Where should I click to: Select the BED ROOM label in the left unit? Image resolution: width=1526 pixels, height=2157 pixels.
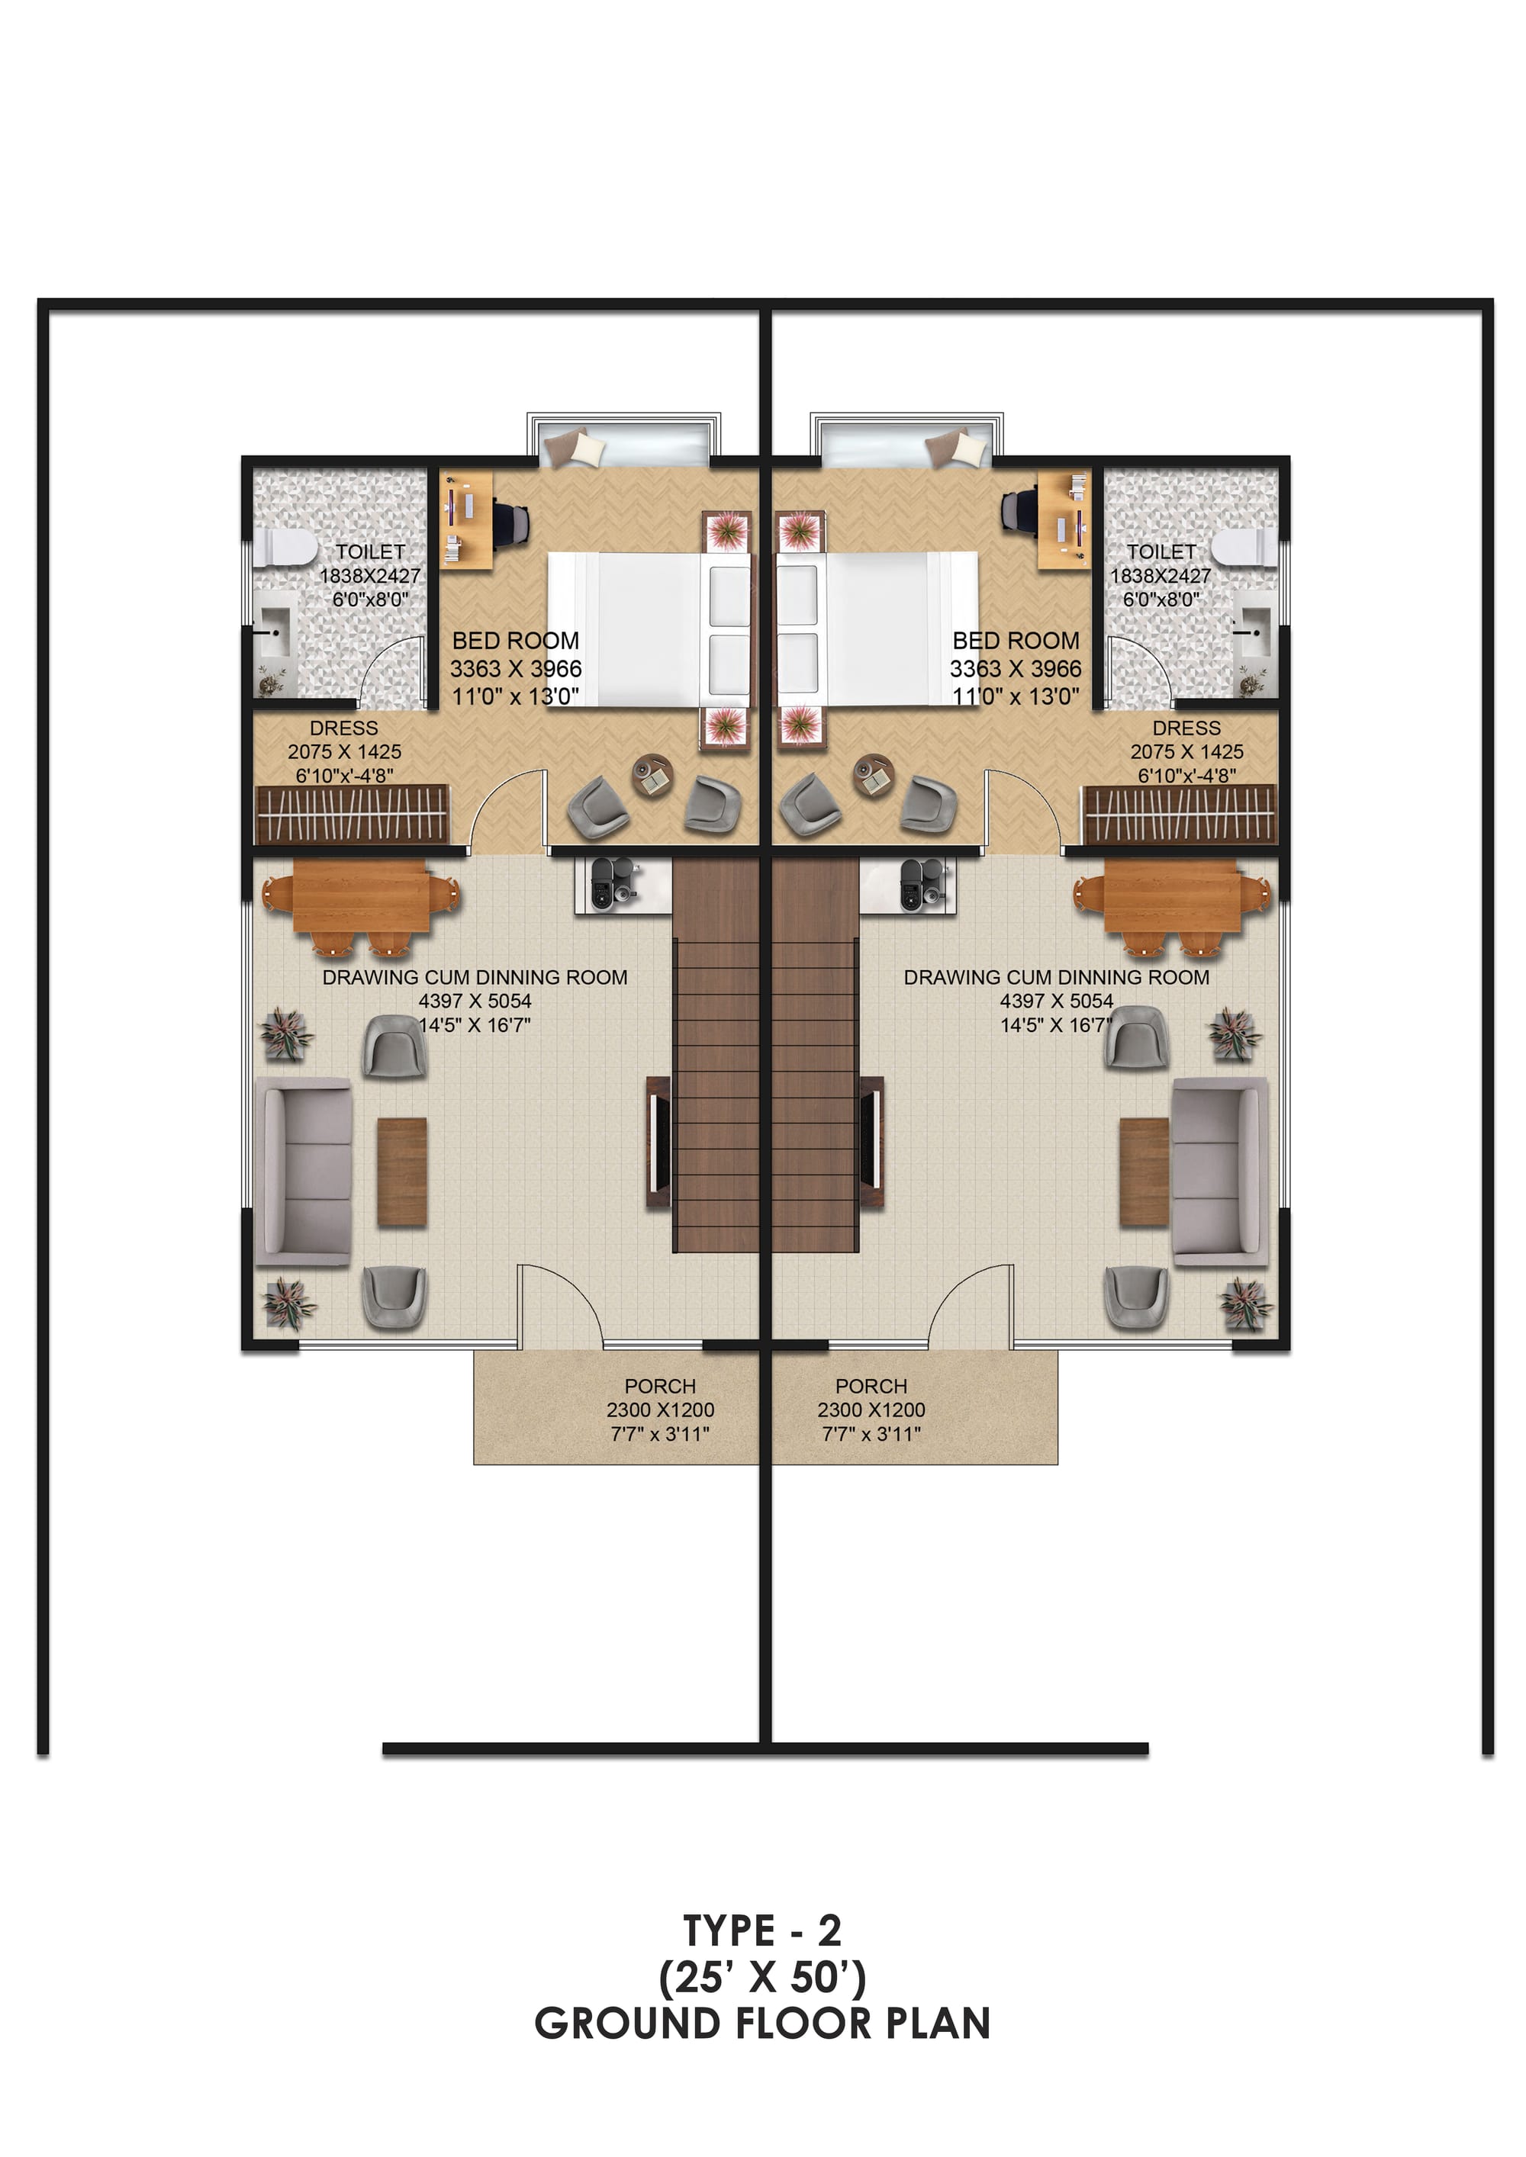click(x=515, y=641)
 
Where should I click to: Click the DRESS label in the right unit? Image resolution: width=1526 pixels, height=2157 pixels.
click(x=1186, y=728)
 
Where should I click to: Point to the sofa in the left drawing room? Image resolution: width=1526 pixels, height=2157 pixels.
click(x=304, y=1172)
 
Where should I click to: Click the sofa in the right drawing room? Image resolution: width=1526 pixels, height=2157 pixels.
click(x=1219, y=1172)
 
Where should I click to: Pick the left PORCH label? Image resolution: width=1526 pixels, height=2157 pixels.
click(x=660, y=1387)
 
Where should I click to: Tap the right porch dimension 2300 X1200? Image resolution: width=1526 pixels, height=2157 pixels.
click(x=871, y=1410)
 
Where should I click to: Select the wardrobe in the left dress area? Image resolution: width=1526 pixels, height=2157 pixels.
click(x=352, y=814)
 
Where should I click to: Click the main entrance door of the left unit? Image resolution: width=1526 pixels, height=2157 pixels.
click(x=560, y=1306)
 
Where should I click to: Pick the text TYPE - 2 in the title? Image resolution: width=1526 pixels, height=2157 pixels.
click(x=762, y=1931)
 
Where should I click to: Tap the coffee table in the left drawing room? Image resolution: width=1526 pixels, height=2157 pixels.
click(x=402, y=1172)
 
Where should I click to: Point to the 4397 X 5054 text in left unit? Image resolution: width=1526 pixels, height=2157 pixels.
click(x=475, y=1001)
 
